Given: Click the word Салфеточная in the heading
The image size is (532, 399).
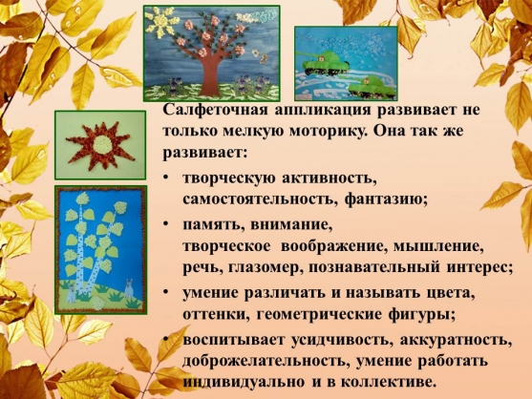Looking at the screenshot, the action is point(214,111).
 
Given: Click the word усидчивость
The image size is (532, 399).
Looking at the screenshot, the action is point(342,340).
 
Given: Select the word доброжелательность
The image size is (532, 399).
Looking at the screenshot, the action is point(266,362).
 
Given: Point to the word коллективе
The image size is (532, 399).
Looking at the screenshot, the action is point(388,383).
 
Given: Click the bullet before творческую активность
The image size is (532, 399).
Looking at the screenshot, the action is point(165,178).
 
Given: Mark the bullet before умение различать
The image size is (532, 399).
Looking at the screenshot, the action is point(165,291).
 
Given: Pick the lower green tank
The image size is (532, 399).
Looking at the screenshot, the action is point(371,87).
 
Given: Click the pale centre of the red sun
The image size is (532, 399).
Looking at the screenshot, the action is point(101,145).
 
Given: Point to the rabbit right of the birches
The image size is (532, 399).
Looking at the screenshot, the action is point(129,290).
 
